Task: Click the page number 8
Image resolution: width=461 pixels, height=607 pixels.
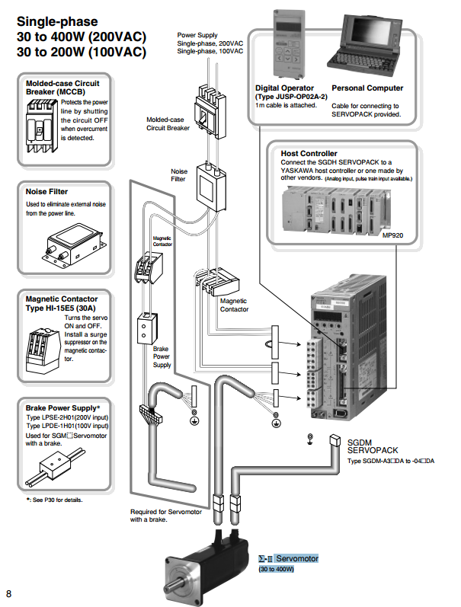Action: [9, 593]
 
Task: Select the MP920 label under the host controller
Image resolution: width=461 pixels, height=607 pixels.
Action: [403, 236]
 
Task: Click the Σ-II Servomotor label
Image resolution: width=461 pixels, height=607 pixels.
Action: [287, 558]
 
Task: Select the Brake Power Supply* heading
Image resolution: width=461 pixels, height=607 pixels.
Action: [63, 408]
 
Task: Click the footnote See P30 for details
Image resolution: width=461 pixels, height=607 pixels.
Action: [55, 500]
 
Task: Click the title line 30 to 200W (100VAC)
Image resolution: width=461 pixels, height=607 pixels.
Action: [82, 52]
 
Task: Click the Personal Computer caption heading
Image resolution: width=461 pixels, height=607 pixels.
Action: [367, 88]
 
